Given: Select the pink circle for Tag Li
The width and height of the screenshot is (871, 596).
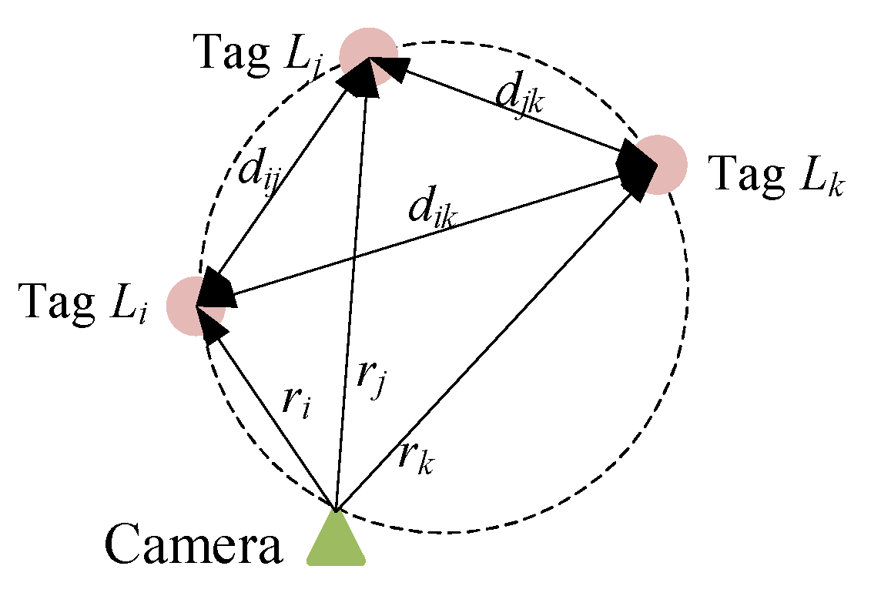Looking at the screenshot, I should [x=194, y=306].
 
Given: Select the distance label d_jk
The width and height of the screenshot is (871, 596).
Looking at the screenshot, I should [x=520, y=98].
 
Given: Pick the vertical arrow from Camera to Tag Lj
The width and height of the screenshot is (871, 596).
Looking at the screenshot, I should [x=350, y=293].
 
